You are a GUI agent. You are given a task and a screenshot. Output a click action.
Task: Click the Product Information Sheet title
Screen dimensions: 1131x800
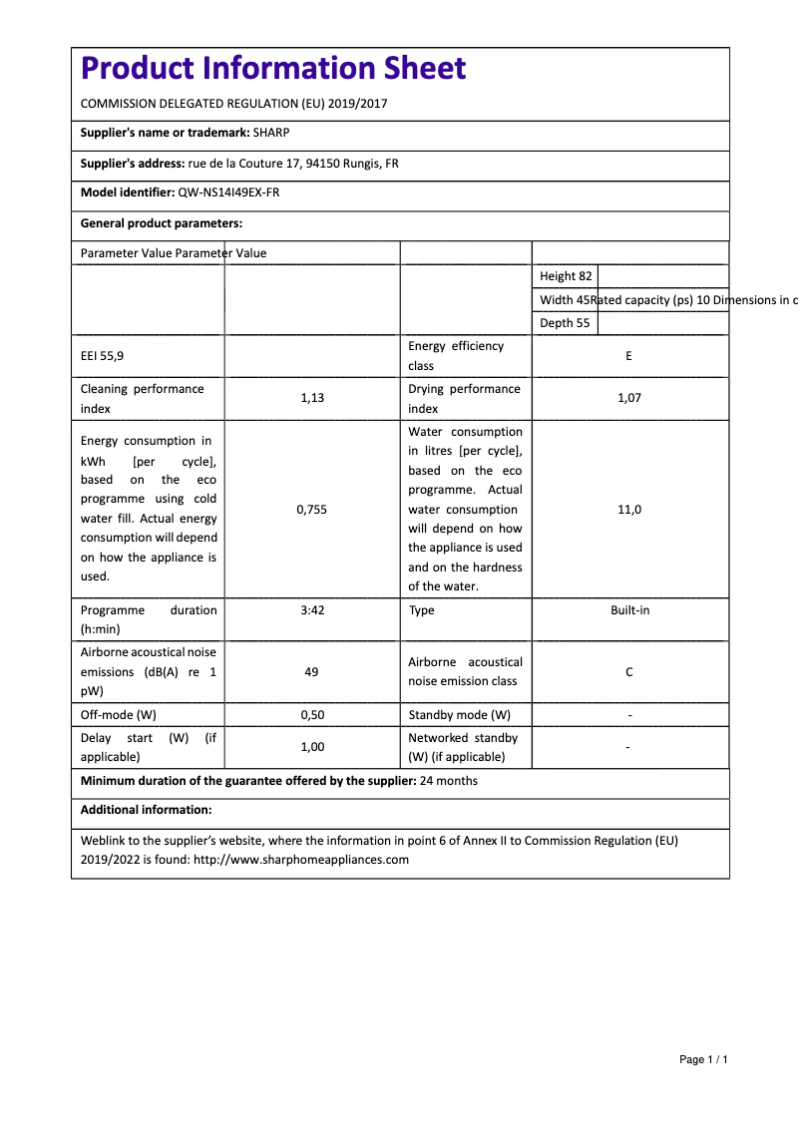coord(272,68)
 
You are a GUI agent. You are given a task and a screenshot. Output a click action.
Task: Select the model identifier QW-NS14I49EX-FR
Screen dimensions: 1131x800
coord(228,192)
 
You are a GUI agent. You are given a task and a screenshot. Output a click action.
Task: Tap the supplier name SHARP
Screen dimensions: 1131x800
coord(271,132)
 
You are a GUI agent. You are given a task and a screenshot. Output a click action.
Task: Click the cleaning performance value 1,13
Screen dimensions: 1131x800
coord(311,398)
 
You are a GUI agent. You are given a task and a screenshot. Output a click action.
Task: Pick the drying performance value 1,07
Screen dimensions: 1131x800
coord(628,398)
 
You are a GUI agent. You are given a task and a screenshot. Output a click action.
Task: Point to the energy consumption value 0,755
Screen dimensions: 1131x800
coord(311,509)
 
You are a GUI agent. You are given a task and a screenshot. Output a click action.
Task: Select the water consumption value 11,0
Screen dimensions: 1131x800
coord(628,509)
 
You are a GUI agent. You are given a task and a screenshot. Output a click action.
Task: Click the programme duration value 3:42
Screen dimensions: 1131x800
coord(311,609)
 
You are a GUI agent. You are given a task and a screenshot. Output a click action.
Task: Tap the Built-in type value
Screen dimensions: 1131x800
coord(629,609)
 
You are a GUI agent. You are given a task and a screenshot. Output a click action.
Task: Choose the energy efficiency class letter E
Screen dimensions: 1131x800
coord(628,355)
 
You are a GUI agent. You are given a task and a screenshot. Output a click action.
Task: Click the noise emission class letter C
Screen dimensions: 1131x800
coord(628,672)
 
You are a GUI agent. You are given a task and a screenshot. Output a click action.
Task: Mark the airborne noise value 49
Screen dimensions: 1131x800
coord(311,672)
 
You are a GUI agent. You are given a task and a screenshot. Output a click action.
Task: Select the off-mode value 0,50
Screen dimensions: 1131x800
coord(311,715)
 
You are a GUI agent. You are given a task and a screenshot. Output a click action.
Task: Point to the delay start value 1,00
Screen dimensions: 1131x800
coord(311,746)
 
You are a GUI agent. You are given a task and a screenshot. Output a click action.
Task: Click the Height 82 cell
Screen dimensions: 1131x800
coord(566,276)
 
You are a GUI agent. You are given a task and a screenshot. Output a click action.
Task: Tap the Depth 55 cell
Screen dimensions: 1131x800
coord(565,323)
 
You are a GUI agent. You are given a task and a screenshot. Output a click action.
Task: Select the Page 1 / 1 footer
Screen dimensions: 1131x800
coord(703,1059)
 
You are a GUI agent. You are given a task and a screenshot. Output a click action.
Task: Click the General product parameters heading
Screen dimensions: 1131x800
coord(162,223)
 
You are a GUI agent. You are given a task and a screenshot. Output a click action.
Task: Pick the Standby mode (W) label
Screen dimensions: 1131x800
coord(459,715)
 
